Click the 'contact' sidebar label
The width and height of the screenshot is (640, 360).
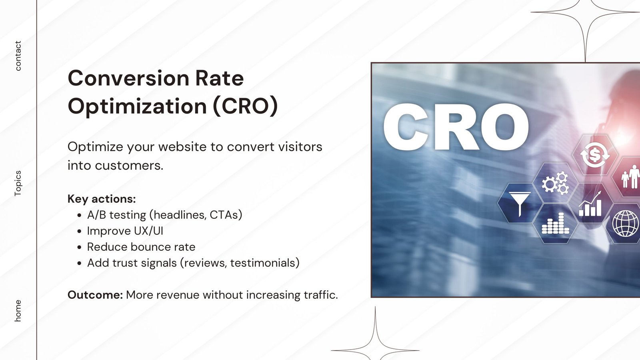[x=18, y=56]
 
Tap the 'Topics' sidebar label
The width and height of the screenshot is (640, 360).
[x=18, y=183]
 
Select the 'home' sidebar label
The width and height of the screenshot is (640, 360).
[x=18, y=310]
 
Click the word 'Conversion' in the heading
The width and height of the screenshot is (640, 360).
[x=128, y=78]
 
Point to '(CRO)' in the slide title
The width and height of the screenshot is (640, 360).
[x=245, y=106]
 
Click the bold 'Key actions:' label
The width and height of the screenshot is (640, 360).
[x=102, y=199]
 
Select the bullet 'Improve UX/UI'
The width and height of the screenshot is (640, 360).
[x=125, y=231]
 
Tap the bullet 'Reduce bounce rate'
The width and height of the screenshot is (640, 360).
[x=141, y=247]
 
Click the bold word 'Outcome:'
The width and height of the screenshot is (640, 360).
[x=95, y=295]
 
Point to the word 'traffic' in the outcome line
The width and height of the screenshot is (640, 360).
[x=319, y=295]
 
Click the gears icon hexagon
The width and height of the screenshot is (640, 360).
[x=555, y=183]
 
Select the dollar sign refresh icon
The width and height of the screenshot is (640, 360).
[x=595, y=155]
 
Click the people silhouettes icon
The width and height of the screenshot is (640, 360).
[x=630, y=177]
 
